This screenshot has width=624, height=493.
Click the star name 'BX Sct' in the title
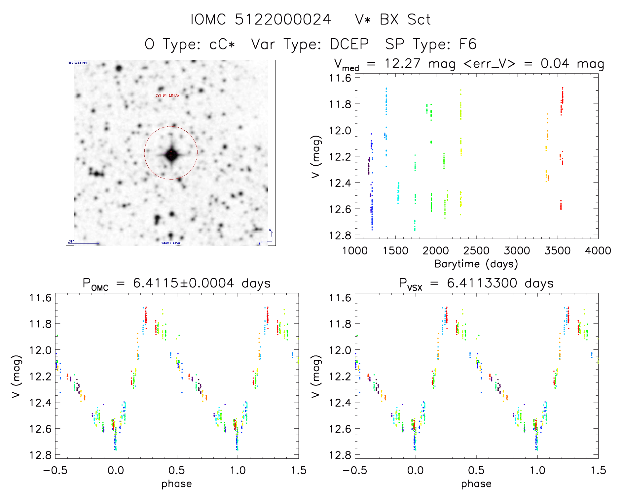pos(405,20)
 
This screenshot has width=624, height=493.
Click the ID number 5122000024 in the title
pos(283,20)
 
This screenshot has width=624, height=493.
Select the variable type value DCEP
pos(349,44)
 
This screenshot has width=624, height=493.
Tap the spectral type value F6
pos(468,44)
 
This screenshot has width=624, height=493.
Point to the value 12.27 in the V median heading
pos(402,63)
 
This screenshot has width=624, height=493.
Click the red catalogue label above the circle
pos(167,95)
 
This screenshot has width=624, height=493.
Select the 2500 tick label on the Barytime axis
pos(476,251)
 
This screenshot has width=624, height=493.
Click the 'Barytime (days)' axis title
pos(476,264)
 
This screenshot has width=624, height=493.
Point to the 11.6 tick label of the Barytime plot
pos(340,78)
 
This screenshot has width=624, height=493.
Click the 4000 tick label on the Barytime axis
pos(598,251)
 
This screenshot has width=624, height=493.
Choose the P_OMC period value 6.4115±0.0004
pos(183,283)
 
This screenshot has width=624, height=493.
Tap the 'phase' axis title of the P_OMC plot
pos(177,484)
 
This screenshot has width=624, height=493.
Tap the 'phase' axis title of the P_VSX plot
pos(476,484)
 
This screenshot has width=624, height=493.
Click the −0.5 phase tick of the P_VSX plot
pos(354,471)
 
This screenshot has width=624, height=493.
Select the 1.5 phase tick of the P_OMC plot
pos(299,471)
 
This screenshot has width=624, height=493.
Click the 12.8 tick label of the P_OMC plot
pos(40,455)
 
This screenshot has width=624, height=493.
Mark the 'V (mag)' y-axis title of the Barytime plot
pos(316,156)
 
